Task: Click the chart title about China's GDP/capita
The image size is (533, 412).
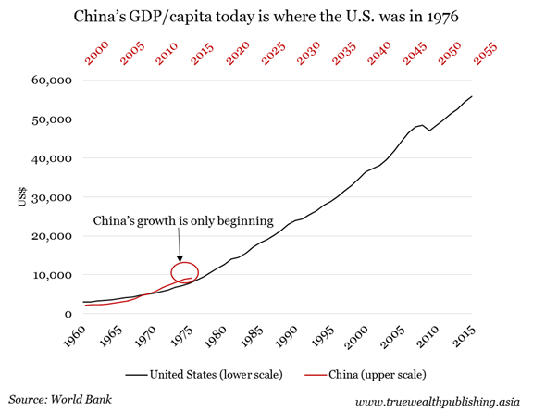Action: [266, 15]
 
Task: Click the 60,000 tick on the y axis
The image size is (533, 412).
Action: [52, 81]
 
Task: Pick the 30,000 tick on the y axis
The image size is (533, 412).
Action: [52, 197]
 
